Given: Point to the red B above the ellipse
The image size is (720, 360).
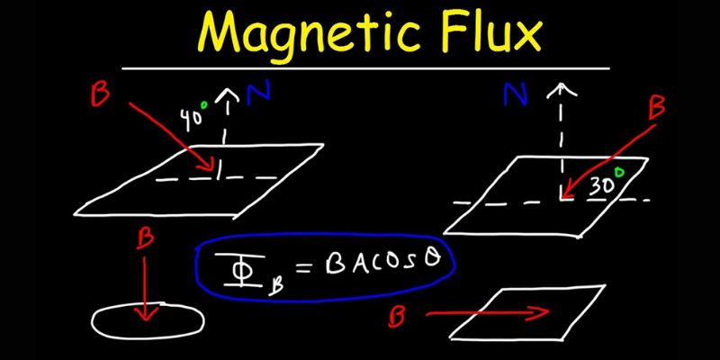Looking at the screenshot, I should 142,239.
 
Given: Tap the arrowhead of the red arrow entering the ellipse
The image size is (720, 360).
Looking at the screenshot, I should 143,314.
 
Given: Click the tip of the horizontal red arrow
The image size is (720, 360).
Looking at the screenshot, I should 545,313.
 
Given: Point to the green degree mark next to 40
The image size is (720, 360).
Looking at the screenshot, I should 205,104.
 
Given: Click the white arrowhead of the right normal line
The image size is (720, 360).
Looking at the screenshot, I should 564,89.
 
